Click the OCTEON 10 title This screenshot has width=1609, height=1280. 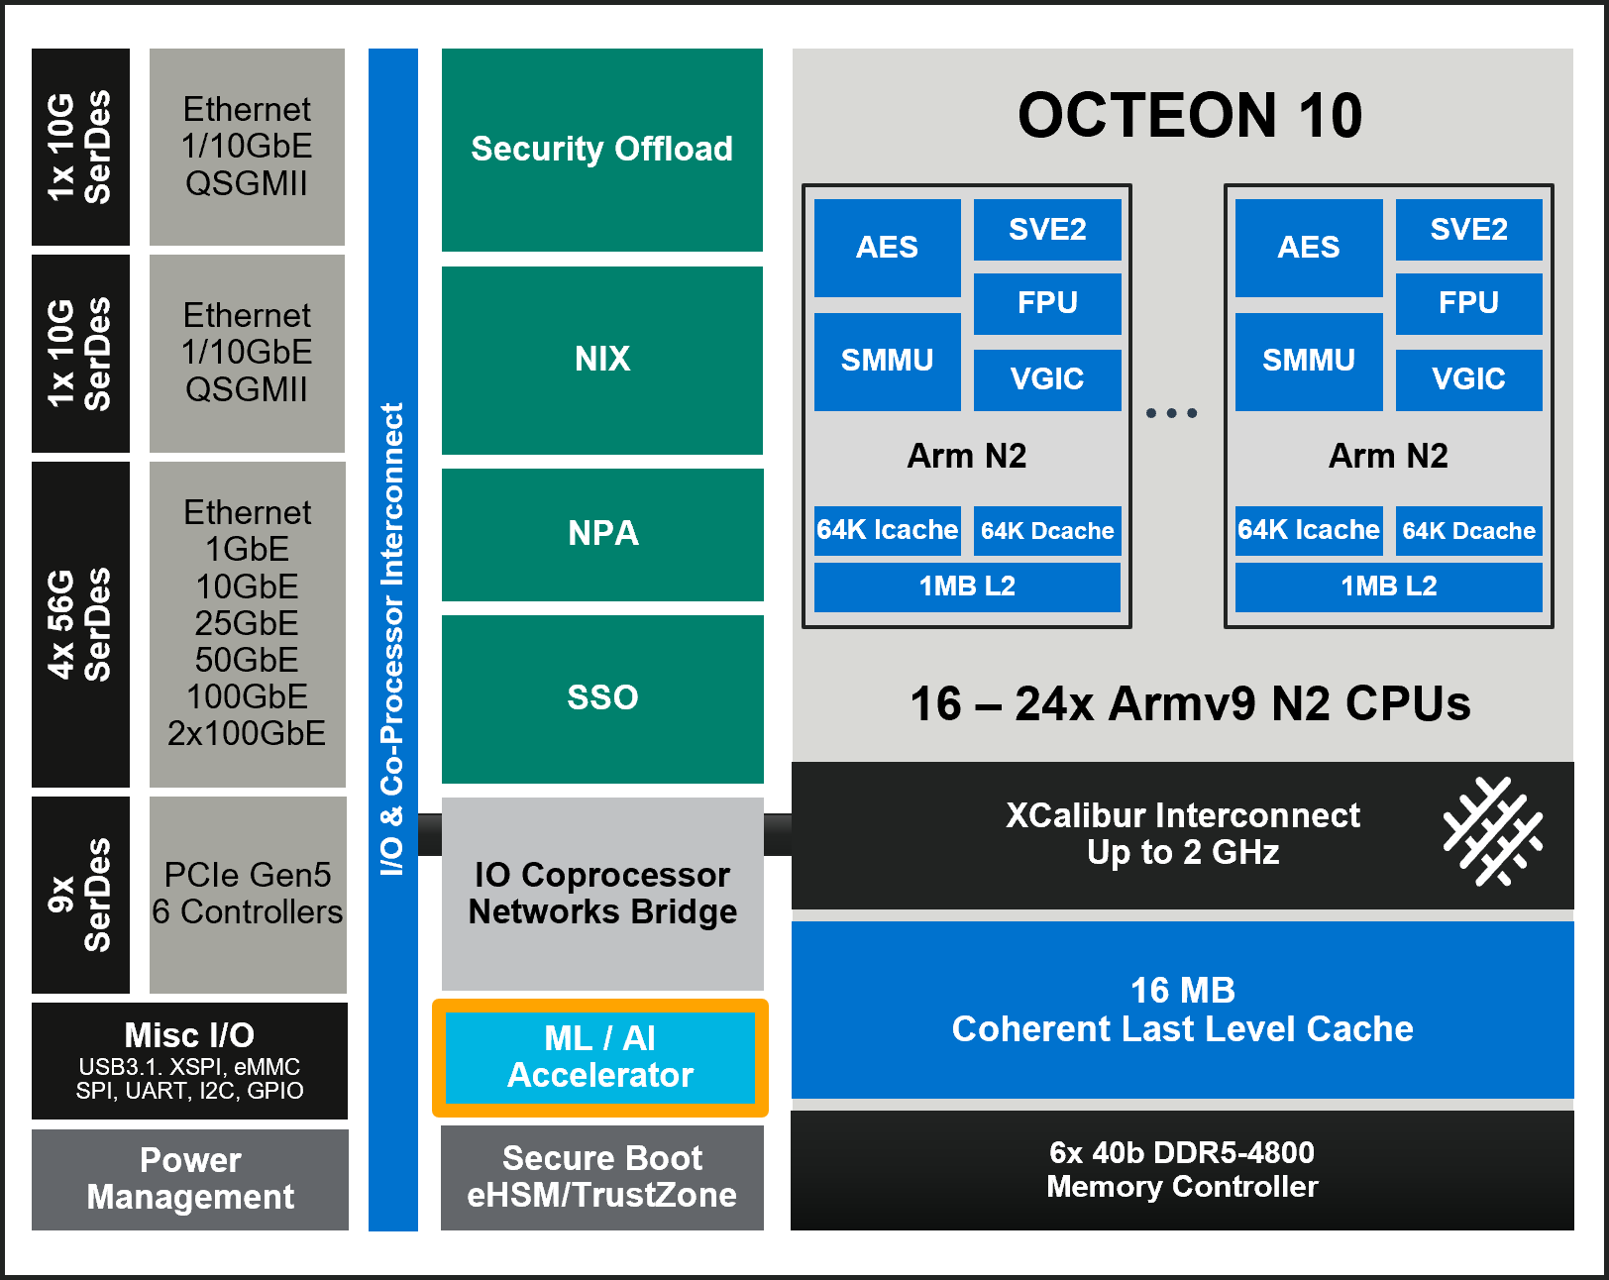(1189, 115)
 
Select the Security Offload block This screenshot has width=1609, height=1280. (601, 150)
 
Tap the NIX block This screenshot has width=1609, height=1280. (601, 360)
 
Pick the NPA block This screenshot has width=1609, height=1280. (601, 534)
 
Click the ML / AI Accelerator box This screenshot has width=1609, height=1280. (600, 1057)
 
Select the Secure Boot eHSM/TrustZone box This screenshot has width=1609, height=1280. (601, 1177)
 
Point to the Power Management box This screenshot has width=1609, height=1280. (190, 1179)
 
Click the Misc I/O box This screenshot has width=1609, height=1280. (189, 1061)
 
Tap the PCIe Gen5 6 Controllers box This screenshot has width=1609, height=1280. (248, 894)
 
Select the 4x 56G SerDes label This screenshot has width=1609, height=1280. (80, 624)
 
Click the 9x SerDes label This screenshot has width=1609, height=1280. (80, 895)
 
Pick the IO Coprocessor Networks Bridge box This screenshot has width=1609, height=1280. (601, 894)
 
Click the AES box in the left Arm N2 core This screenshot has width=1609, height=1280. (887, 248)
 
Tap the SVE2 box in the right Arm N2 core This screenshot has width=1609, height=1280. (1468, 230)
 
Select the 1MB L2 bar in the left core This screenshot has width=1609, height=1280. (967, 587)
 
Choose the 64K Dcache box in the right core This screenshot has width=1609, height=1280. (1468, 531)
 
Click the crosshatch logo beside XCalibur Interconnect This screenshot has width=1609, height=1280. (1492, 831)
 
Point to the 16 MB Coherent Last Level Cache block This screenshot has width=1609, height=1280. (1182, 1010)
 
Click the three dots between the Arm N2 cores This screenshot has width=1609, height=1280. (1171, 413)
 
